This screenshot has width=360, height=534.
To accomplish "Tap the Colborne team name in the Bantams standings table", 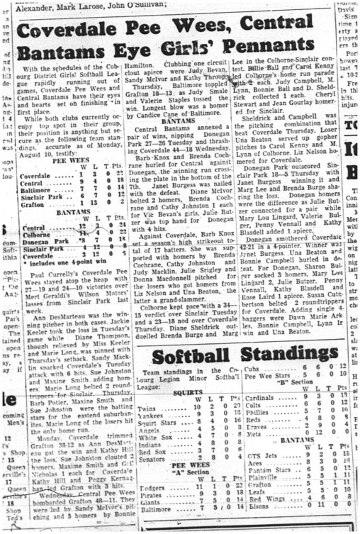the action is [35, 235].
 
